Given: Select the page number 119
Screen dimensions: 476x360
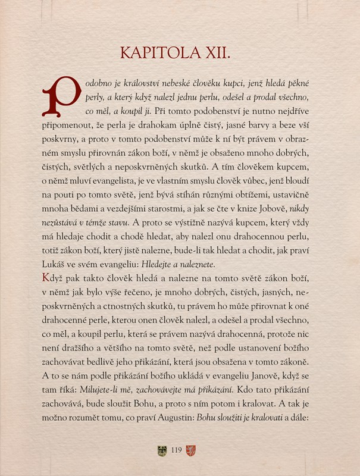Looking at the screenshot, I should (176, 450).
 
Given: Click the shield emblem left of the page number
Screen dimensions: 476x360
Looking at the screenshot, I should (161, 450).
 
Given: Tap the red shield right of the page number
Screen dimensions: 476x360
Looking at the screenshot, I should (190, 450).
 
